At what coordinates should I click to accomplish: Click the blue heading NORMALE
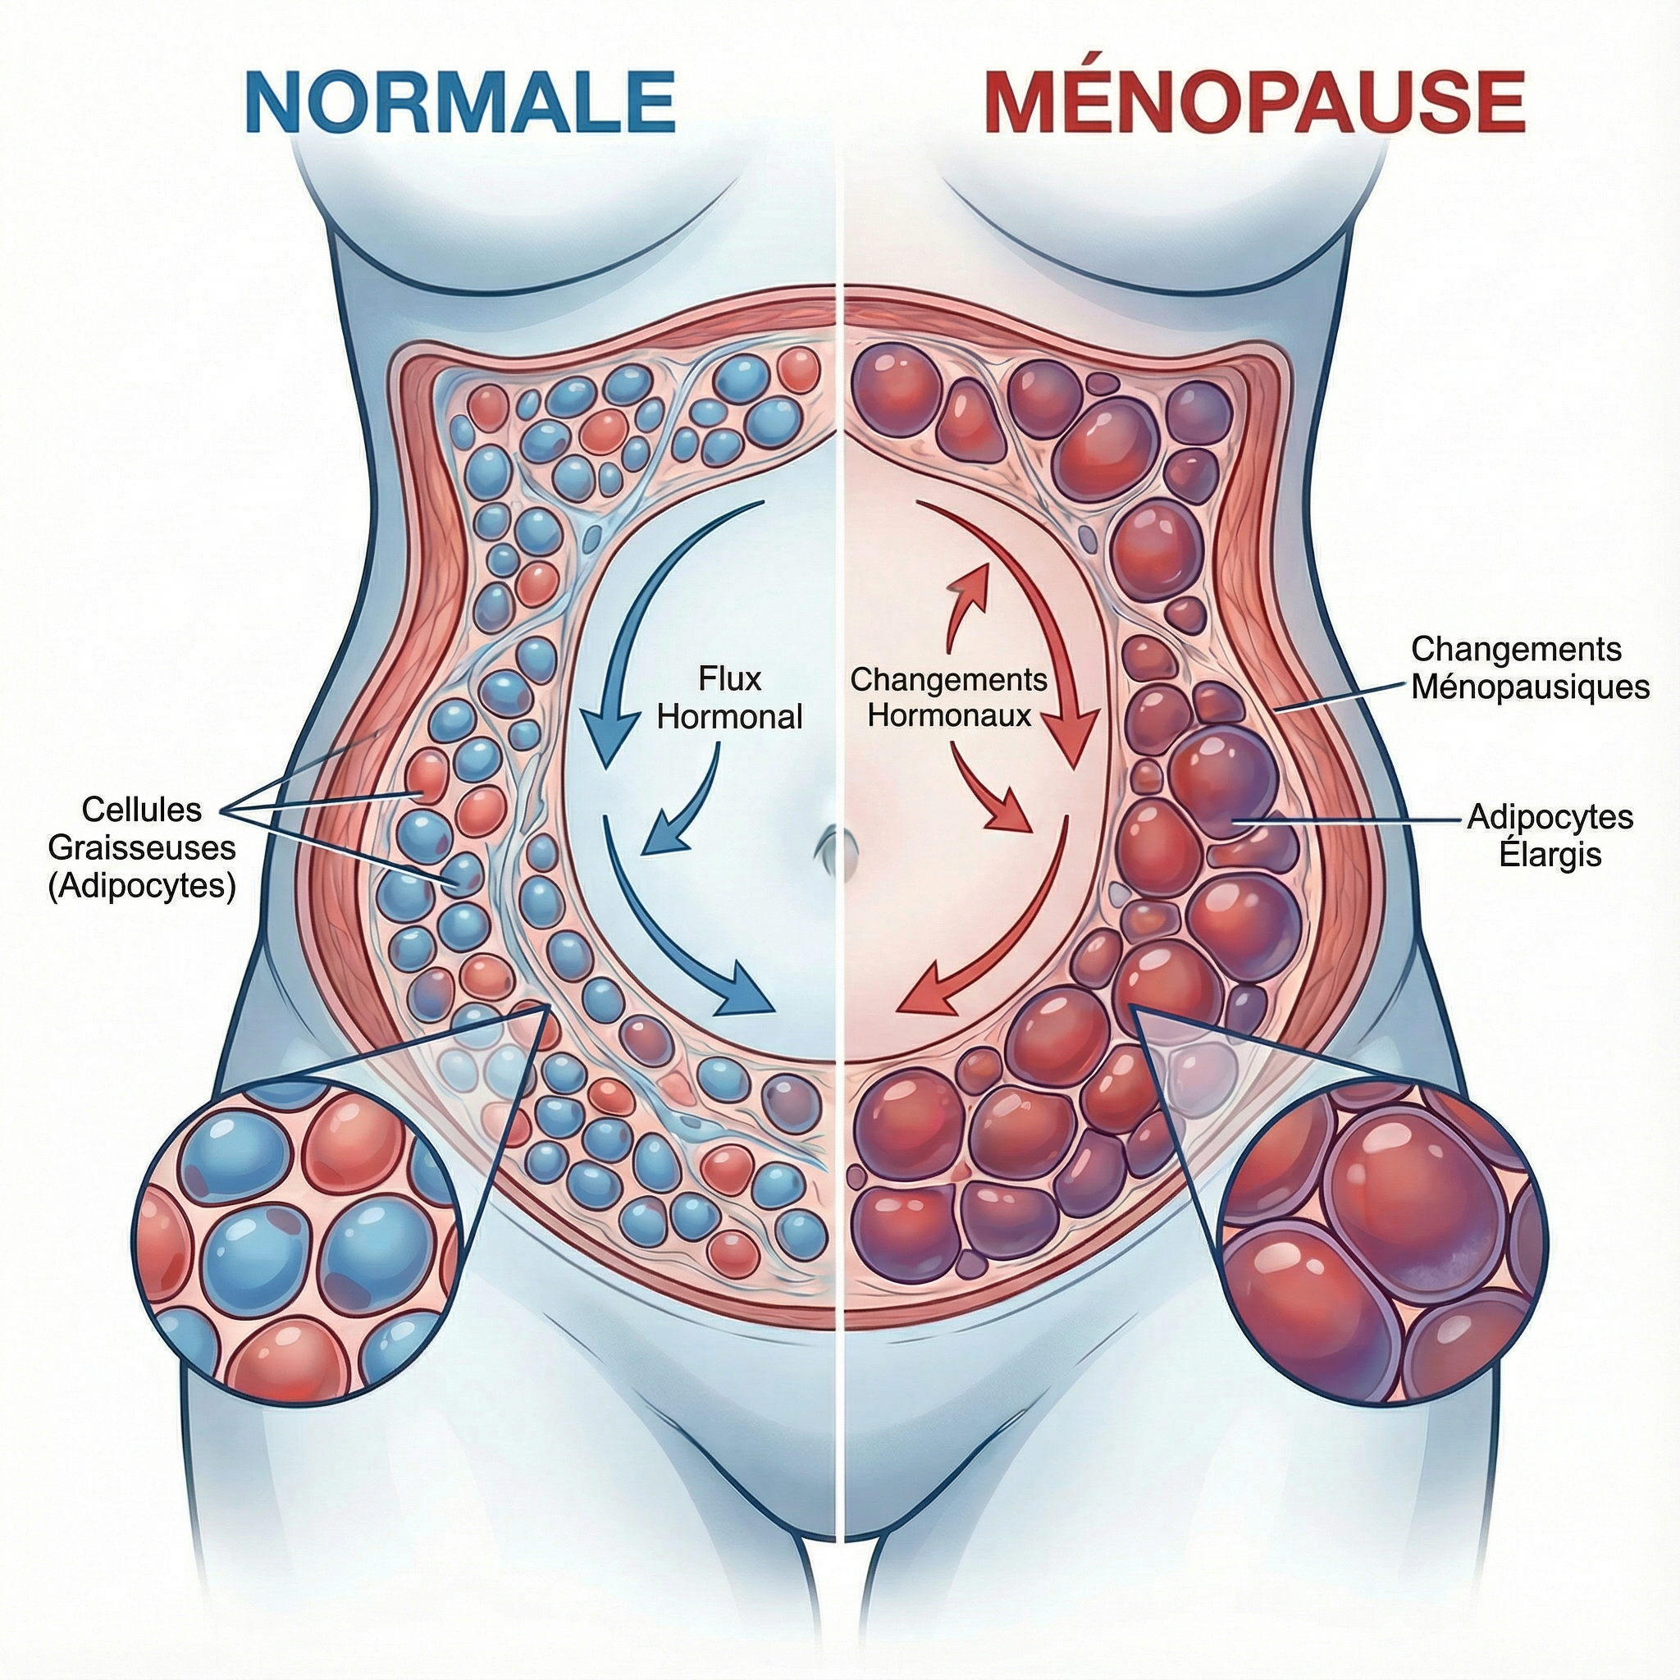click(460, 102)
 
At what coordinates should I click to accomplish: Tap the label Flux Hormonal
click(729, 697)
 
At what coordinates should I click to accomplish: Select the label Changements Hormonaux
click(949, 696)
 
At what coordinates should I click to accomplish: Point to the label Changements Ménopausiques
click(1530, 668)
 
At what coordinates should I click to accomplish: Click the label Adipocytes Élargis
click(1550, 835)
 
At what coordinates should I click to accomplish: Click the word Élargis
click(1550, 854)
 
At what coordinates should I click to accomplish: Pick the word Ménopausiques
click(1530, 687)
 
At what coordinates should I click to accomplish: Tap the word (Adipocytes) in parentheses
click(142, 885)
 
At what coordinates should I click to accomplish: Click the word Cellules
click(142, 810)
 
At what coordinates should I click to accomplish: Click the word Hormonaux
click(950, 715)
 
